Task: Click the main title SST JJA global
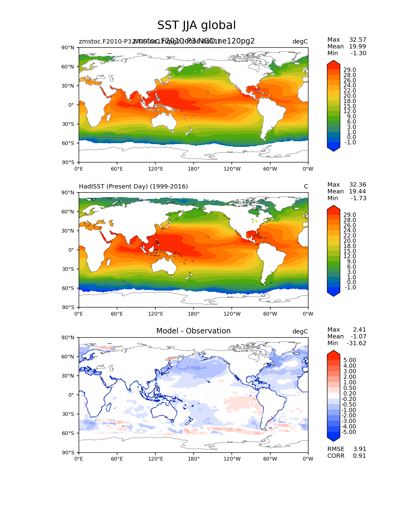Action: click(x=196, y=25)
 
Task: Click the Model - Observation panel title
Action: click(x=193, y=331)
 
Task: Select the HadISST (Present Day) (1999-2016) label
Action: click(x=133, y=186)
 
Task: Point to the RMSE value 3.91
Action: click(x=359, y=449)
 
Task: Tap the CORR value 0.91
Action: click(x=359, y=456)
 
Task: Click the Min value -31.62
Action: click(x=356, y=343)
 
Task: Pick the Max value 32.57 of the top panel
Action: click(x=358, y=39)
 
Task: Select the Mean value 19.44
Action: click(x=358, y=191)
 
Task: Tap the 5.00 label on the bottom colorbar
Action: click(x=350, y=360)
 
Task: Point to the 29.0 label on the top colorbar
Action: click(x=350, y=70)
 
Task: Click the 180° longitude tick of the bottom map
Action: click(x=194, y=459)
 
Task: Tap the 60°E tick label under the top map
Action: click(x=117, y=169)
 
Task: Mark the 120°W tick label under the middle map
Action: click(x=232, y=314)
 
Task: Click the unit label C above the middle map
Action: click(x=306, y=186)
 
